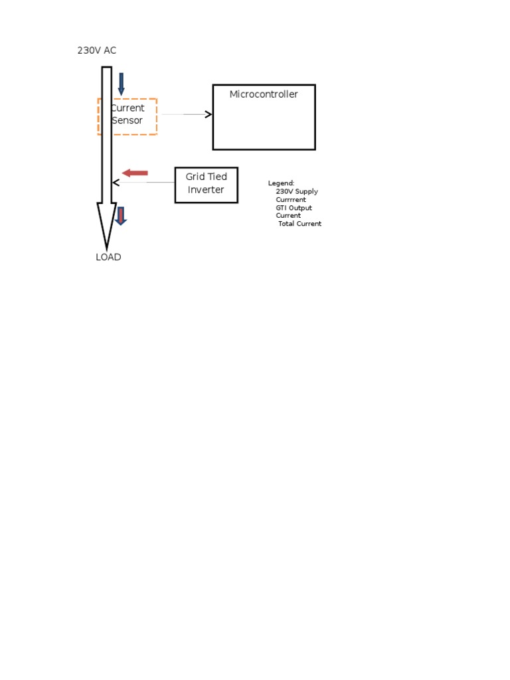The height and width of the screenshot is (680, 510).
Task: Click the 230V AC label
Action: [x=97, y=50]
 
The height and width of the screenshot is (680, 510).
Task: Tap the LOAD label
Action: [x=108, y=257]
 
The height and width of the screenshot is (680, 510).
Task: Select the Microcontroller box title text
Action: [x=264, y=94]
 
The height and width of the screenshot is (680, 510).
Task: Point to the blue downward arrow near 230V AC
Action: [x=122, y=84]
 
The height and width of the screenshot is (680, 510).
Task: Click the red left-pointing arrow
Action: [x=135, y=173]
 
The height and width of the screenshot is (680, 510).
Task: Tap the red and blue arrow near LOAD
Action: [x=121, y=216]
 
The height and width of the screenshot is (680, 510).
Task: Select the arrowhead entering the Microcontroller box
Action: [x=209, y=114]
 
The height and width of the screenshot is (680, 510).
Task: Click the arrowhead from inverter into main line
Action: [x=116, y=183]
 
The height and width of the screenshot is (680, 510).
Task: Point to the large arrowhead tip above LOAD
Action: [x=107, y=249]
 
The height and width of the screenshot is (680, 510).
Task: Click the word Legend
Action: [x=281, y=183]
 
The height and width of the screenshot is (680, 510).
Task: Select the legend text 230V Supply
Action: [x=297, y=191]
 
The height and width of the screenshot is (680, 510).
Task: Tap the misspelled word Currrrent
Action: [x=291, y=199]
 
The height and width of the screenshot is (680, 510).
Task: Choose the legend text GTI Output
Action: [x=294, y=208]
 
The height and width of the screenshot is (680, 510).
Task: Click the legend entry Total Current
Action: [x=299, y=224]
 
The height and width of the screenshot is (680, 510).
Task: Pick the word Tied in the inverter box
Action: [x=218, y=177]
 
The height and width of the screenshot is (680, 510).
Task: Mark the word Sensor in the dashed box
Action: [x=127, y=121]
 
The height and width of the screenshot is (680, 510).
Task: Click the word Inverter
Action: [x=206, y=189]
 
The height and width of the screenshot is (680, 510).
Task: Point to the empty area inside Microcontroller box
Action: [x=264, y=126]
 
